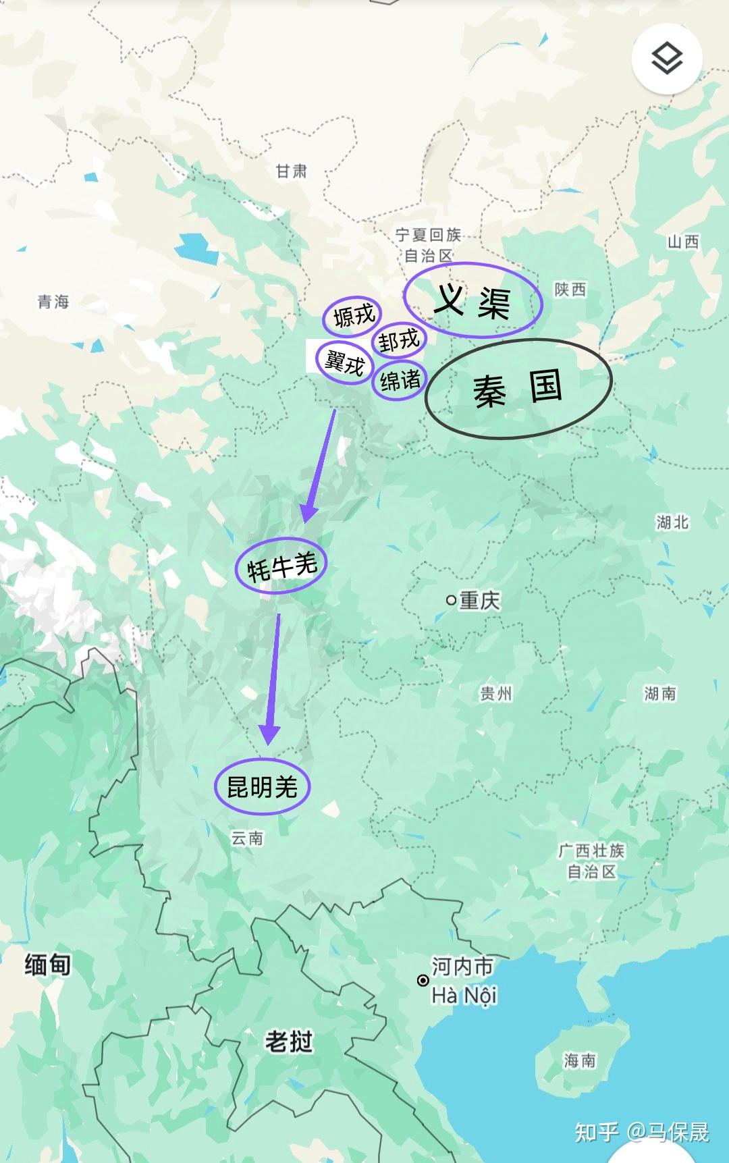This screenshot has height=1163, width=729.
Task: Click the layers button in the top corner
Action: click(667, 59)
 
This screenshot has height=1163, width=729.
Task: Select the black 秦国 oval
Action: click(518, 389)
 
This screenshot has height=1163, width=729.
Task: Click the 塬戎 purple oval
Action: click(352, 315)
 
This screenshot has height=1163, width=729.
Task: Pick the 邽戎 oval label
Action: click(399, 340)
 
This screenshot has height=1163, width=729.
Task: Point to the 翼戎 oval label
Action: click(345, 362)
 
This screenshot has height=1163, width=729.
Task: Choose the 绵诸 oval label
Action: click(400, 381)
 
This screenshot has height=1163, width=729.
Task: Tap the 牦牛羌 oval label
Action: click(281, 566)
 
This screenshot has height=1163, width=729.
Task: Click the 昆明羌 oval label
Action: click(262, 786)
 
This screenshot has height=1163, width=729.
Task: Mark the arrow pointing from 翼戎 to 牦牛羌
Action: click(320, 466)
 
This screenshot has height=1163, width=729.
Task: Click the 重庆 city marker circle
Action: click(451, 600)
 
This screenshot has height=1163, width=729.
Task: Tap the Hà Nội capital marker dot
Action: click(423, 980)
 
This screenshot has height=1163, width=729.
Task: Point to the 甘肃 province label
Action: click(292, 171)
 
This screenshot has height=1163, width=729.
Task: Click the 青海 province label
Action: click(54, 302)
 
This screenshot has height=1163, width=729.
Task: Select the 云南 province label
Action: click(247, 838)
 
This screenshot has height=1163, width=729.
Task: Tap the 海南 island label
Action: click(580, 1060)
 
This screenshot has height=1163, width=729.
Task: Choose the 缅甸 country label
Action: click(47, 965)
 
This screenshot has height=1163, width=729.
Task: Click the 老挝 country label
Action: click(289, 1042)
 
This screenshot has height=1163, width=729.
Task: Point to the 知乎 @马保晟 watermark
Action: click(642, 1132)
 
